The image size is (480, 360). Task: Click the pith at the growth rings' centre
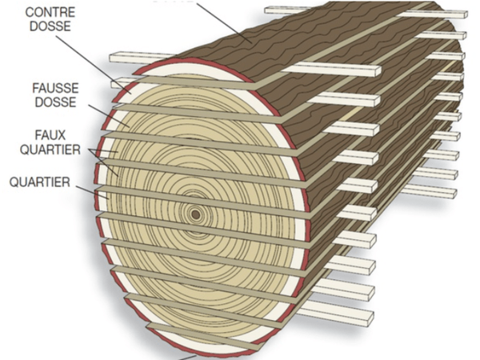click(195, 214)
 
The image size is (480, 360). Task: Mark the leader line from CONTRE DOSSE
click(97, 56)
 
